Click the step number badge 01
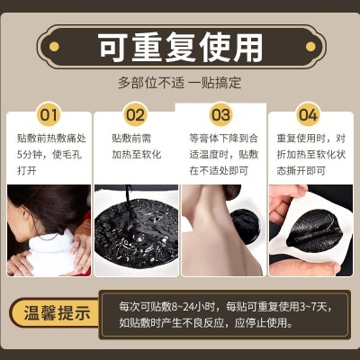[x=49, y=114]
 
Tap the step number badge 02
[x=135, y=114]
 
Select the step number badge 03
[x=221, y=114]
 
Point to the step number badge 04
[x=308, y=114]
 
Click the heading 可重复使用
[x=181, y=47]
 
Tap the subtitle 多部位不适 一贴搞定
[x=179, y=83]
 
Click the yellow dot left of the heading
[x=54, y=47]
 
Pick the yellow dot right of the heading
[x=310, y=47]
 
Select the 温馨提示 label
[x=57, y=313]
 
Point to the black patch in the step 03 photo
[x=246, y=225]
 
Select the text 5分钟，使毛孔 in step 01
[x=49, y=155]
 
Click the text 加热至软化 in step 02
[x=137, y=155]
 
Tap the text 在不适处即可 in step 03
[x=219, y=171]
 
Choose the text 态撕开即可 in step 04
[x=301, y=171]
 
